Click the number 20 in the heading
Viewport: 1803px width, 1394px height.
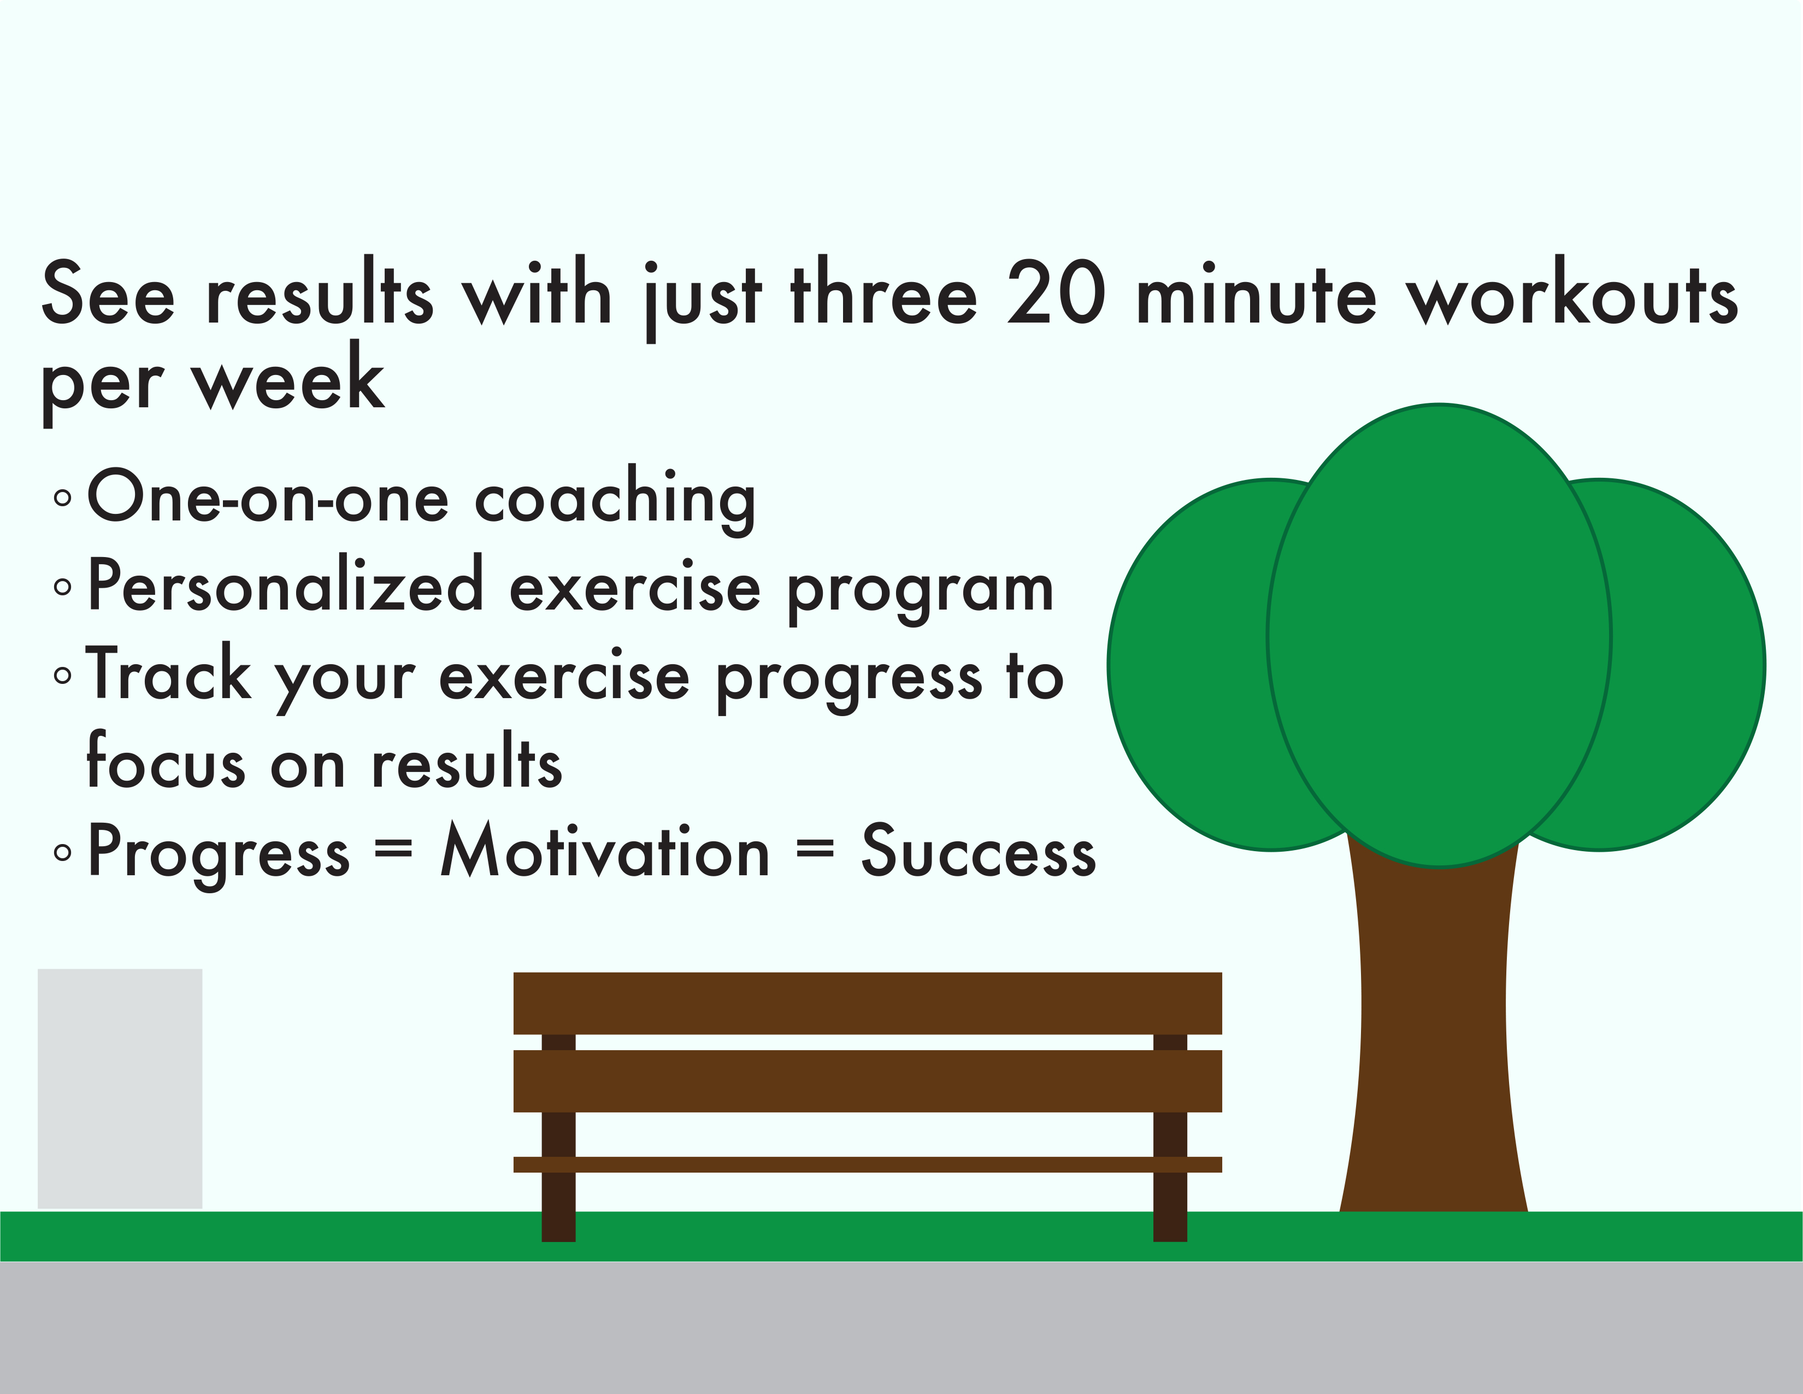click(x=1057, y=294)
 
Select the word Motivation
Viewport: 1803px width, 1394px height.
click(x=605, y=851)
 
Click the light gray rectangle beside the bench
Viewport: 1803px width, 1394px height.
click(x=120, y=1088)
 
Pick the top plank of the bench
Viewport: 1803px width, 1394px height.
click(x=868, y=1003)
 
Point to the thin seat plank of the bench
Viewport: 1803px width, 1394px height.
click(x=868, y=1164)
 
